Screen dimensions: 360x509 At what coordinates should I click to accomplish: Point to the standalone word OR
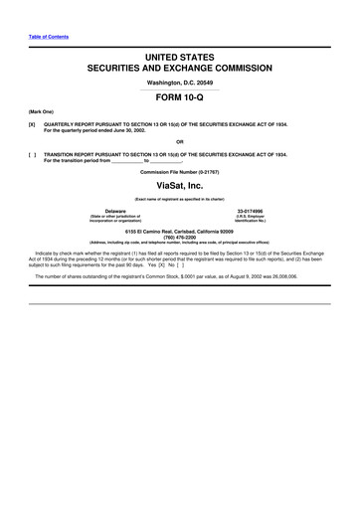(179, 141)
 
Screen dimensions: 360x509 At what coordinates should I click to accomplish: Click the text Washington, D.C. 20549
(179, 83)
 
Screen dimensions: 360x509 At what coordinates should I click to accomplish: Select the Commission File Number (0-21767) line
(179, 170)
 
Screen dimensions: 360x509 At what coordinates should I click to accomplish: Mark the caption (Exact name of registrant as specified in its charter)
(179, 198)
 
